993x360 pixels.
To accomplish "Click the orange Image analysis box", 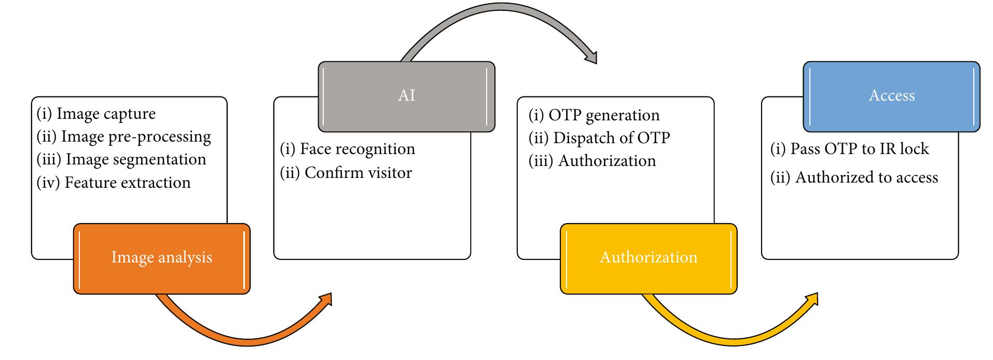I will click(x=161, y=258).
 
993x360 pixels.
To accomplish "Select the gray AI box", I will click(x=406, y=96).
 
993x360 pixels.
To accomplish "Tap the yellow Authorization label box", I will click(x=648, y=258).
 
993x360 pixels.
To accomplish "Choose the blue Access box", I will click(x=891, y=96).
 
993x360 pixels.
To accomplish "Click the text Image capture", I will click(x=96, y=114).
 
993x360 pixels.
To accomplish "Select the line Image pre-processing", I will click(x=124, y=137).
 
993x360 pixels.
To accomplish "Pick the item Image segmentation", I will click(x=121, y=159).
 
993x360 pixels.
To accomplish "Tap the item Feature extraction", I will click(x=114, y=183).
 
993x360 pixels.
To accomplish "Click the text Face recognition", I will click(x=347, y=149).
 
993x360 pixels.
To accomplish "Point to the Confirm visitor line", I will click(x=346, y=173).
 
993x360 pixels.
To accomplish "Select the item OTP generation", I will click(x=594, y=115).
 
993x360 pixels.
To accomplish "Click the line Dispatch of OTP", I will click(x=599, y=138).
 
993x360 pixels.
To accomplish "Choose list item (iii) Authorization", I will click(x=592, y=161).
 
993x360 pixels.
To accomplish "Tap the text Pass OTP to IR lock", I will click(x=849, y=149).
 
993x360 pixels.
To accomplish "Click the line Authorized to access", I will click(x=854, y=178).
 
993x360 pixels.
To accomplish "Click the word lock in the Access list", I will click(x=914, y=149).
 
